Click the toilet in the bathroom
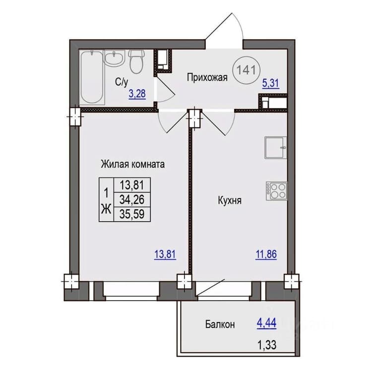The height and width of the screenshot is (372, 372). click(136, 61)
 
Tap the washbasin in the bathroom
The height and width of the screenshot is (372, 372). click(114, 58)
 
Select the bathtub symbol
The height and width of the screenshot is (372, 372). click(92, 77)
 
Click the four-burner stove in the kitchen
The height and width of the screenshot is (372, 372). click(277, 191)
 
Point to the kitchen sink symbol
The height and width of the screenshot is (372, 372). click(276, 148)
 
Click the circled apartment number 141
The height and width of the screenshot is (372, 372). click(247, 70)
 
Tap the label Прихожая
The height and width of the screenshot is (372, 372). click(207, 77)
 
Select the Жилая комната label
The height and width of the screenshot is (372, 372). click(132, 164)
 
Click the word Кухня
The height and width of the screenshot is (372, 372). click(230, 201)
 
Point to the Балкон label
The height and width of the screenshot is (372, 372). click(220, 324)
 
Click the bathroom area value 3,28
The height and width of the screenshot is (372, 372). click(137, 94)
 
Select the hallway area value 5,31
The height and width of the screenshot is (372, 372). click(270, 83)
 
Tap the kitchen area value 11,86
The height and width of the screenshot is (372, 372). click(266, 254)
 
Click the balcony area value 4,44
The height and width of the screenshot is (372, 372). click(266, 323)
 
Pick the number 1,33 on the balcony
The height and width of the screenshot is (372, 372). click(267, 345)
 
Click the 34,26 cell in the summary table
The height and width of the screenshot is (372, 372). click(132, 199)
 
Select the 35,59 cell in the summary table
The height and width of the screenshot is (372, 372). click(132, 214)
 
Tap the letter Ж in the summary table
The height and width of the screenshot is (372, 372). click(106, 209)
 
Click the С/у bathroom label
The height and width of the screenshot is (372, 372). click(122, 82)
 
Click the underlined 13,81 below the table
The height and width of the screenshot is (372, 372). click(165, 254)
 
